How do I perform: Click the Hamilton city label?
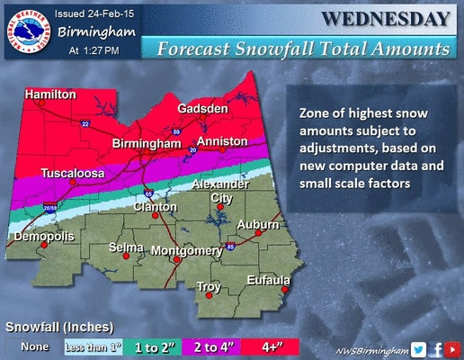[50, 94]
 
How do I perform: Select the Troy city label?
[209, 287]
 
